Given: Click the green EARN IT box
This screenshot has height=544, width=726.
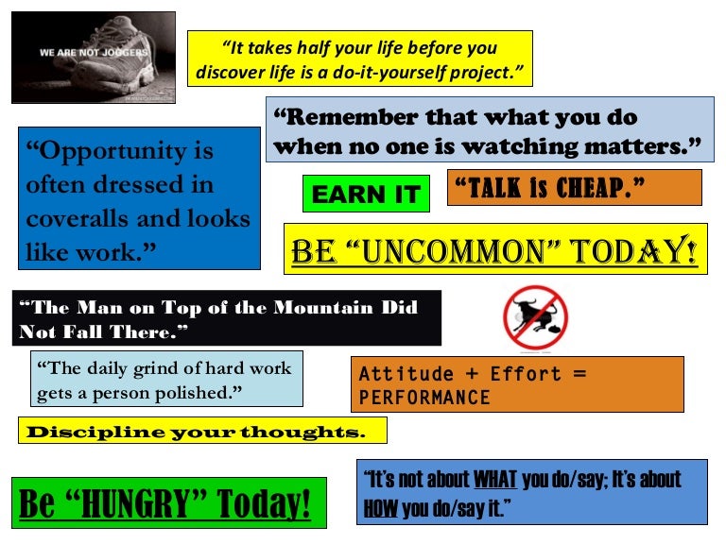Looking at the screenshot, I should click(366, 194).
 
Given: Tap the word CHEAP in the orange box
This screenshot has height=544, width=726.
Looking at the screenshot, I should click(599, 187).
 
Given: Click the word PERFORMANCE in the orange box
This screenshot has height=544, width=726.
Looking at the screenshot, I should click(424, 398).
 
